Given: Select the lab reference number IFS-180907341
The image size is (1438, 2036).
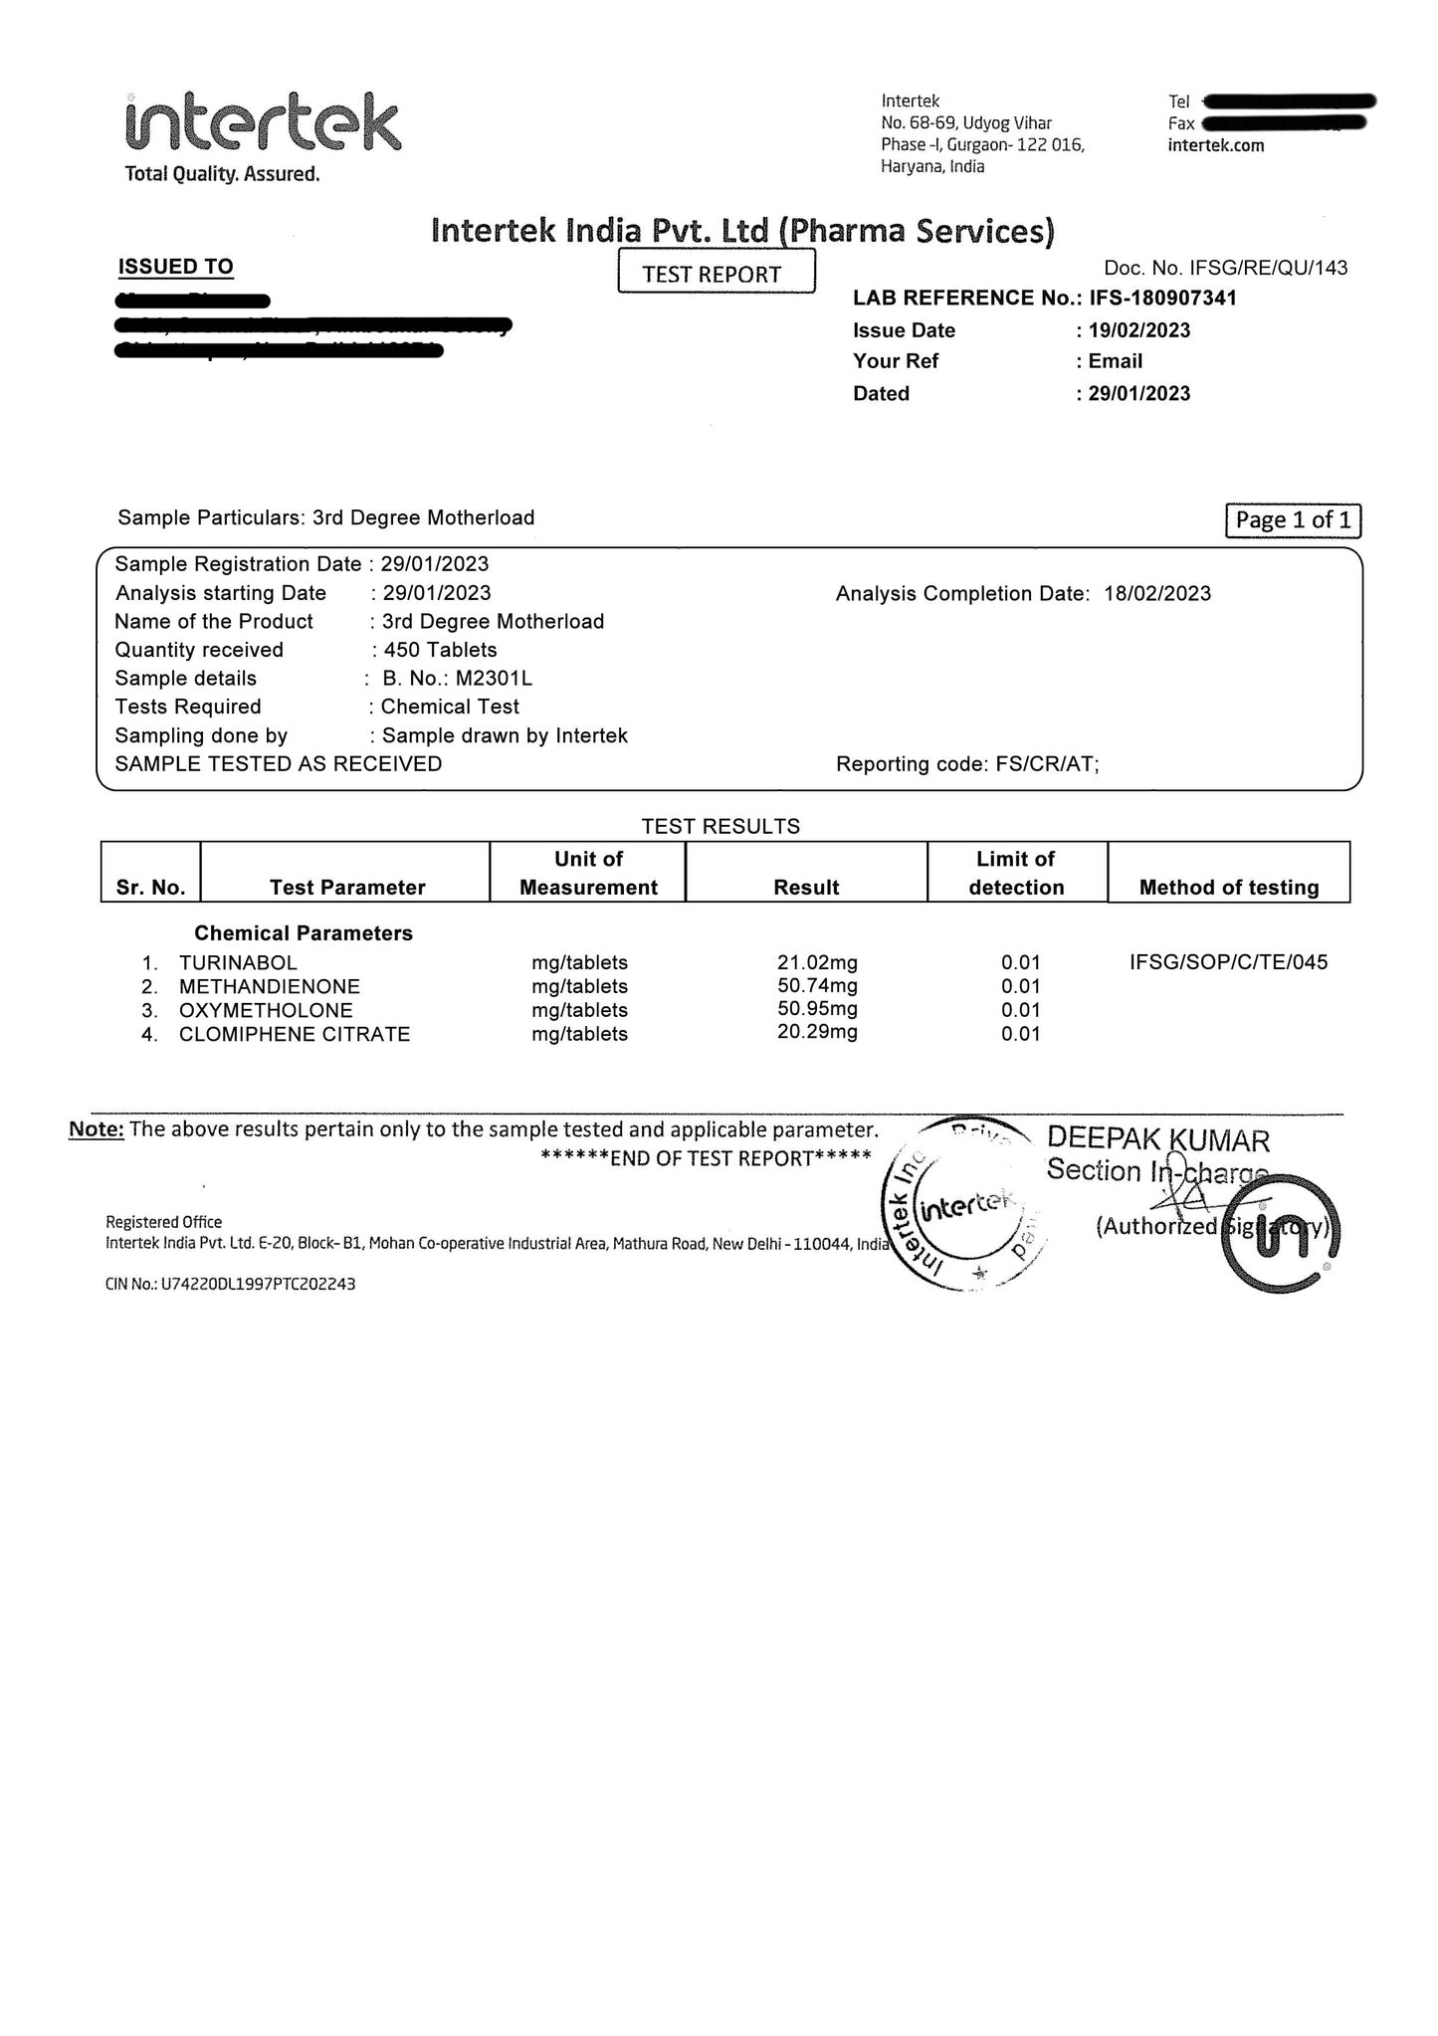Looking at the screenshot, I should (x=1162, y=298).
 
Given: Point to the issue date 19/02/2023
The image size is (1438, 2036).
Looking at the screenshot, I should (x=1139, y=330).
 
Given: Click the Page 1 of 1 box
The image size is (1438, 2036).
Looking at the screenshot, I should (x=1293, y=519).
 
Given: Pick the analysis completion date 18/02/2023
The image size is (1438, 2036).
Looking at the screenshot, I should (x=1157, y=594).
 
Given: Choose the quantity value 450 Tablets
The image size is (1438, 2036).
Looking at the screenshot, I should (x=440, y=650).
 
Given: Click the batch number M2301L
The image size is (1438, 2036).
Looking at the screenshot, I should (x=494, y=679).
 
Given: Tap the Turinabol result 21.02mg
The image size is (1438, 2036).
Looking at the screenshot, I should (x=817, y=962).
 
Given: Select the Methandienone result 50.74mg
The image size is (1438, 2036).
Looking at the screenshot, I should (x=817, y=986).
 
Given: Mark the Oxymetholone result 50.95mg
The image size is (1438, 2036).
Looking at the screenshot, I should (x=817, y=1009).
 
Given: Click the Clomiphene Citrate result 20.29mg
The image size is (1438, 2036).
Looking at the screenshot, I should (x=817, y=1032).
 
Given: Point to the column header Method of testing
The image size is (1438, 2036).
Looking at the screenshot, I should (x=1229, y=887).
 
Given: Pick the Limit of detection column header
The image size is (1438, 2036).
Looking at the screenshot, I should (x=1016, y=873).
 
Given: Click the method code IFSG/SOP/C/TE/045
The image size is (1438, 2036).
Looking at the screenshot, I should (x=1228, y=962).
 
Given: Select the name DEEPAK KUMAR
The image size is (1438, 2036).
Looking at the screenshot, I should (x=1158, y=1140).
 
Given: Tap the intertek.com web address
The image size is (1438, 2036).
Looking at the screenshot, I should (x=1216, y=145).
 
